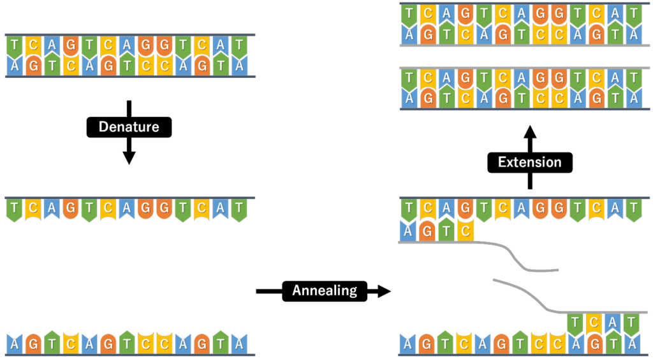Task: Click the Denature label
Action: (129, 127)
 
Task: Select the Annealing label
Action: (325, 291)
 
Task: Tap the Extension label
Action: (529, 162)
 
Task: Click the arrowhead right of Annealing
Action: (383, 291)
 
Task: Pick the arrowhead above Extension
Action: (529, 133)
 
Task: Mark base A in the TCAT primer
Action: (614, 323)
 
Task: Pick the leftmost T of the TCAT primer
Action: (576, 323)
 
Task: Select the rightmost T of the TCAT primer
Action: (633, 323)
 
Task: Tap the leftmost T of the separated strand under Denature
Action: (14, 208)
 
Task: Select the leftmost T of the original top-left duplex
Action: (14, 45)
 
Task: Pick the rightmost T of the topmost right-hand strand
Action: (633, 14)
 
